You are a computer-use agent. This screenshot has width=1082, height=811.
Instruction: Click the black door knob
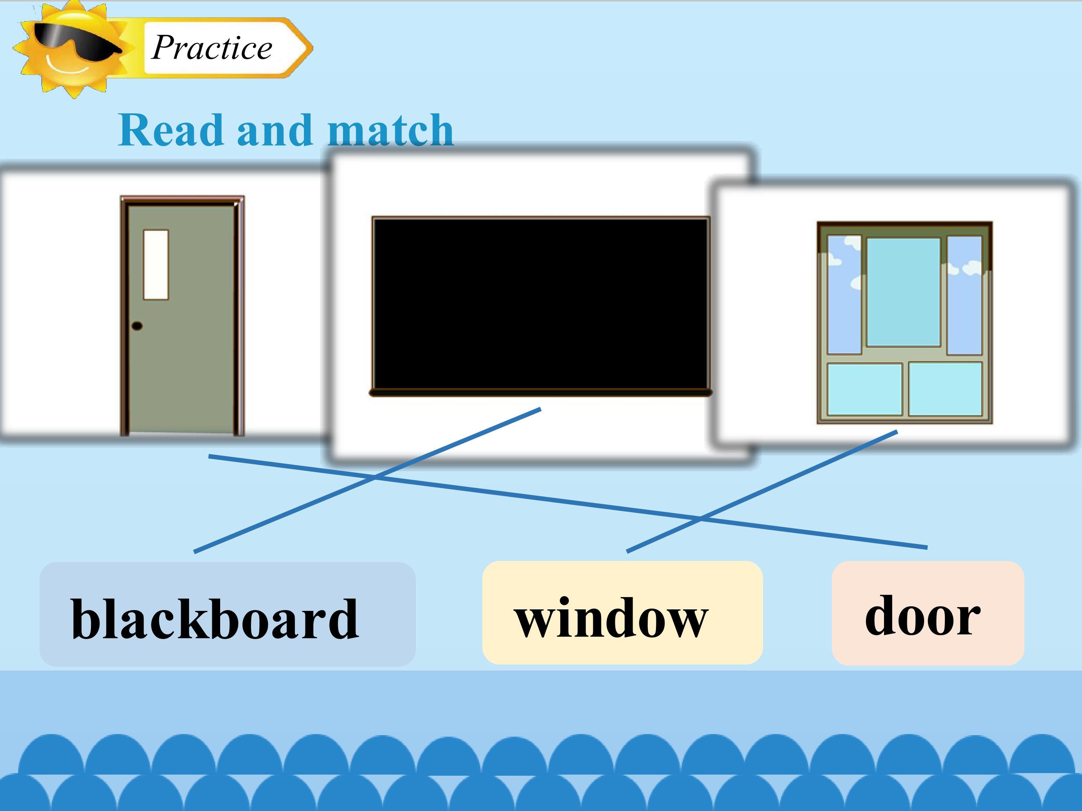(x=137, y=326)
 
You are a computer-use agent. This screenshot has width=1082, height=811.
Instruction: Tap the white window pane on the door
(x=156, y=264)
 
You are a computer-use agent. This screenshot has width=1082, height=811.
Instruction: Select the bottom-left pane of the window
(x=864, y=389)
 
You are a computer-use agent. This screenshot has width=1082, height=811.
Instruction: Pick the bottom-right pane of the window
(x=945, y=389)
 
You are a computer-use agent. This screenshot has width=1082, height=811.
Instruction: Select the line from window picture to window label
(x=762, y=491)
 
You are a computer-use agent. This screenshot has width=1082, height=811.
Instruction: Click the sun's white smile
(x=68, y=66)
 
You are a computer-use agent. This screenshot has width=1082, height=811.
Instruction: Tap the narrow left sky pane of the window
(x=844, y=295)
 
